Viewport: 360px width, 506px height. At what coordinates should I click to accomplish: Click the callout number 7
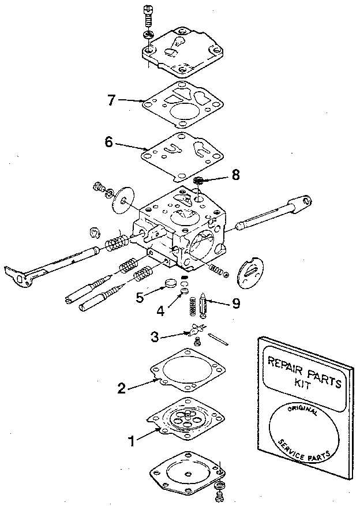pyautogui.click(x=112, y=99)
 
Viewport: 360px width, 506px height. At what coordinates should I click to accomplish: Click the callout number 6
pyautogui.click(x=108, y=142)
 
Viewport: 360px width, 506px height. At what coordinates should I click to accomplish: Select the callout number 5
pyautogui.click(x=139, y=297)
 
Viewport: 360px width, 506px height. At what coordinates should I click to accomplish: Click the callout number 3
pyautogui.click(x=154, y=335)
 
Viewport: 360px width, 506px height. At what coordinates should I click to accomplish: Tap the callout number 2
pyautogui.click(x=121, y=387)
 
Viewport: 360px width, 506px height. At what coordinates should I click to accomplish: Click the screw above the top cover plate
pyautogui.click(x=148, y=14)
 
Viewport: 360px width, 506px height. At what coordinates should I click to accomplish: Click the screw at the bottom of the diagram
pyautogui.click(x=220, y=490)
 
